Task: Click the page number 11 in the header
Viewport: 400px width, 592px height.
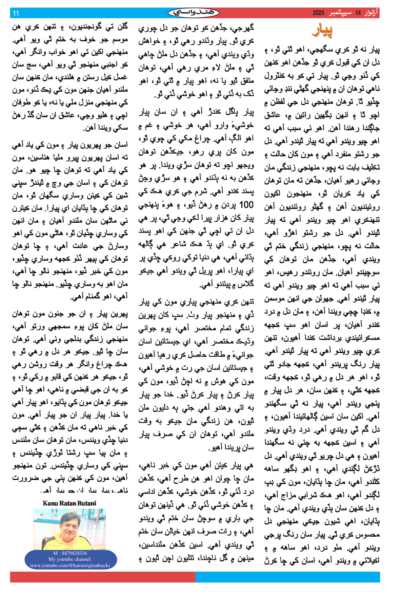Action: [16, 13]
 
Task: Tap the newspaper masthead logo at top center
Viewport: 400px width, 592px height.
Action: [194, 13]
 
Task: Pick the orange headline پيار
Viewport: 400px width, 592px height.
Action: [322, 31]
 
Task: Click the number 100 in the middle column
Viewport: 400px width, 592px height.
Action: [246, 204]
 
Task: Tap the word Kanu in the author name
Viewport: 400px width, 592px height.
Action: [50, 503]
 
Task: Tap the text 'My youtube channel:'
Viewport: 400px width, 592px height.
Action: [70, 559]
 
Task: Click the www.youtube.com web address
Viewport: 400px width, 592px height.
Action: [70, 565]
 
